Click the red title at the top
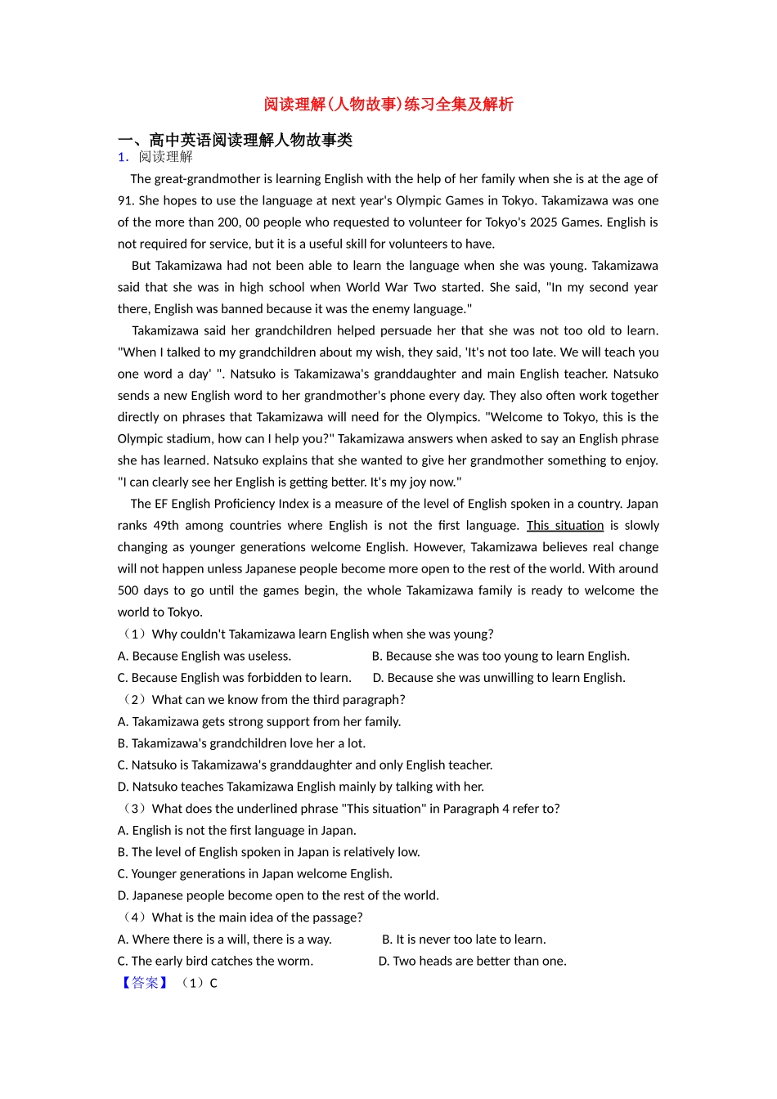coord(388,104)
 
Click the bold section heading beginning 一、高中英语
coord(235,140)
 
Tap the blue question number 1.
coord(123,157)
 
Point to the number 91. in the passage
coord(126,200)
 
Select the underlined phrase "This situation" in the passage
coord(565,526)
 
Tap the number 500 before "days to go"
coord(128,590)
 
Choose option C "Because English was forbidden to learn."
coord(235,678)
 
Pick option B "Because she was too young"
coord(501,656)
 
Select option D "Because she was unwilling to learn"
coord(499,678)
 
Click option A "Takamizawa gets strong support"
coord(259,721)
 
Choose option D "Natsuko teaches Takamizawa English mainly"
coord(301,787)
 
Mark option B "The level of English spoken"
coord(269,852)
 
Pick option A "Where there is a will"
coord(225,940)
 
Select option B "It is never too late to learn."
coord(464,940)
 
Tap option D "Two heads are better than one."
coord(472,961)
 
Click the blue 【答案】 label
coord(145,983)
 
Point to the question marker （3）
coord(134,809)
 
